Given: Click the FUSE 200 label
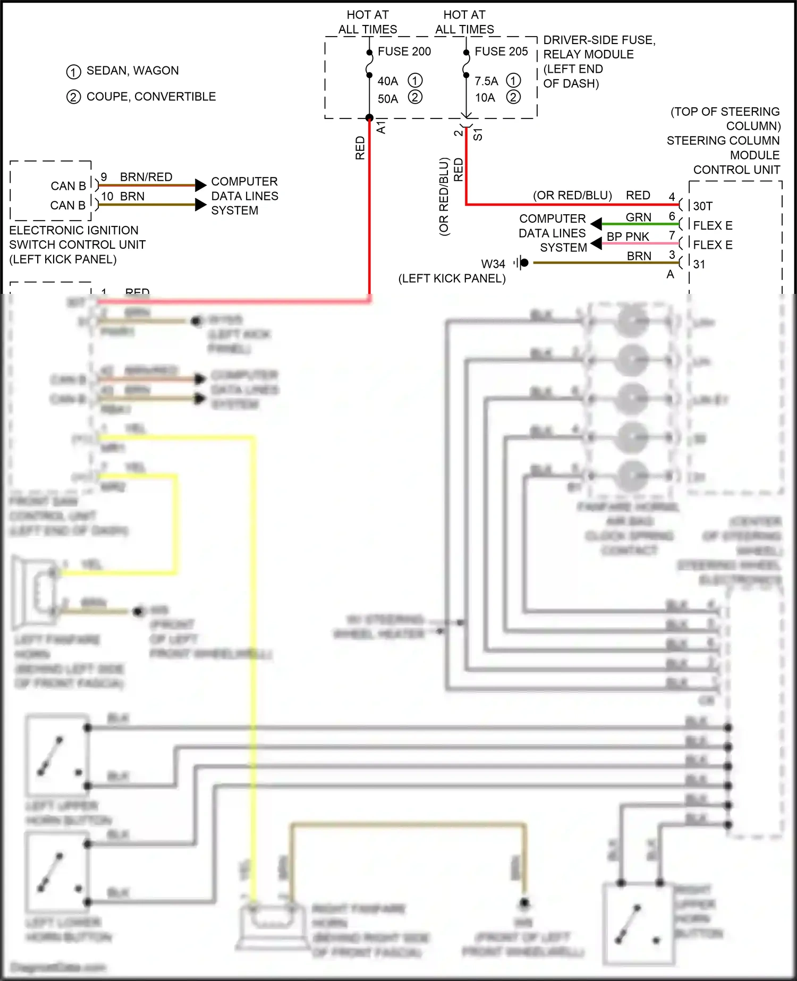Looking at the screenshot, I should (x=404, y=52).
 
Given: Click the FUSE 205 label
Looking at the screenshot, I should (x=501, y=52).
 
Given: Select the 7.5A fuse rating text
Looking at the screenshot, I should (x=486, y=81).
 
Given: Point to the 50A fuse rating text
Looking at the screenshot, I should (x=388, y=99).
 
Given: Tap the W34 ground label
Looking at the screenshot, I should (x=493, y=264).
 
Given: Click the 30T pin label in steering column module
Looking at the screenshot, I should (x=703, y=206).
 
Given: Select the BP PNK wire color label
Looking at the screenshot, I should (x=628, y=236).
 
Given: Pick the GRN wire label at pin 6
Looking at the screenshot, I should (x=638, y=217).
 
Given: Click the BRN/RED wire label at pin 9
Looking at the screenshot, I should (x=146, y=177).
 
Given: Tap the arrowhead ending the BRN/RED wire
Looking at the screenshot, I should (x=200, y=185).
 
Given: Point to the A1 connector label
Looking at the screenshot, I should (x=381, y=128).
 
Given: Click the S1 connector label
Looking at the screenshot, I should (x=478, y=134).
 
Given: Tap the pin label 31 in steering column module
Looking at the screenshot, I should (x=699, y=264).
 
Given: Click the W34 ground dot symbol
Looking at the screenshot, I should (x=524, y=263).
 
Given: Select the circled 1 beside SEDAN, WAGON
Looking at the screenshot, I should (x=73, y=71).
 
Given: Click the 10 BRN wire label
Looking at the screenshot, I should (x=123, y=197).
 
